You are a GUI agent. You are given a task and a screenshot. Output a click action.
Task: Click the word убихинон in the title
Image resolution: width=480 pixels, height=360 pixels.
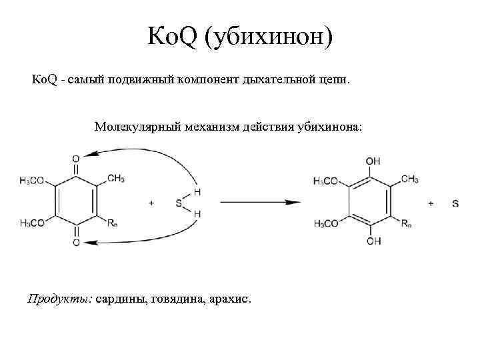[x=267, y=39]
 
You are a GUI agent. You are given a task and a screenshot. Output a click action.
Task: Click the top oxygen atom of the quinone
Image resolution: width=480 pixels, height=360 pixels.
[x=76, y=159]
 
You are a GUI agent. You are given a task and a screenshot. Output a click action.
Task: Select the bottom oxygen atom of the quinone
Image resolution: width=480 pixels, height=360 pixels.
[x=76, y=243]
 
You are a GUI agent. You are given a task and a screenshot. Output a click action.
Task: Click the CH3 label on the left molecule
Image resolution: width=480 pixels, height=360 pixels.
[x=115, y=178]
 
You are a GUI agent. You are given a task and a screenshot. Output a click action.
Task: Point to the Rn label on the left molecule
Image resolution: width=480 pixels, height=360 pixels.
[x=114, y=223]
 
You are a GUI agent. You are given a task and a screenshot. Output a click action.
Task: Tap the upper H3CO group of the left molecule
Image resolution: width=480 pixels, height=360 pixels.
[x=33, y=180]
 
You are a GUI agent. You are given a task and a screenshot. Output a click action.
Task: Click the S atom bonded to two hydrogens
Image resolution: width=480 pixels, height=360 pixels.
[x=178, y=203]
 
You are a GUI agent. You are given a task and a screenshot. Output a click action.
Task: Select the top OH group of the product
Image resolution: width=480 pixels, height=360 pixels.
[x=373, y=161]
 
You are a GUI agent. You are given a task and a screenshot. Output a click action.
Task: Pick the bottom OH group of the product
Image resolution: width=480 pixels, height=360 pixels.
[x=373, y=241]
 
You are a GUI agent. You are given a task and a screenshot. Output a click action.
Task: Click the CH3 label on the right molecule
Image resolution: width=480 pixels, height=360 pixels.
[x=410, y=178]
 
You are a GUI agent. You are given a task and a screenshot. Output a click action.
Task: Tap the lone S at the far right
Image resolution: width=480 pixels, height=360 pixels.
[x=455, y=203]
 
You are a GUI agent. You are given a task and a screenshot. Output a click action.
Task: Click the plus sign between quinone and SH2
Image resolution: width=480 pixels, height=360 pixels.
[x=151, y=203]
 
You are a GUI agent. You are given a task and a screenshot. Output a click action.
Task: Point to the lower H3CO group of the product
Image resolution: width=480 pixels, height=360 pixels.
[x=326, y=224]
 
